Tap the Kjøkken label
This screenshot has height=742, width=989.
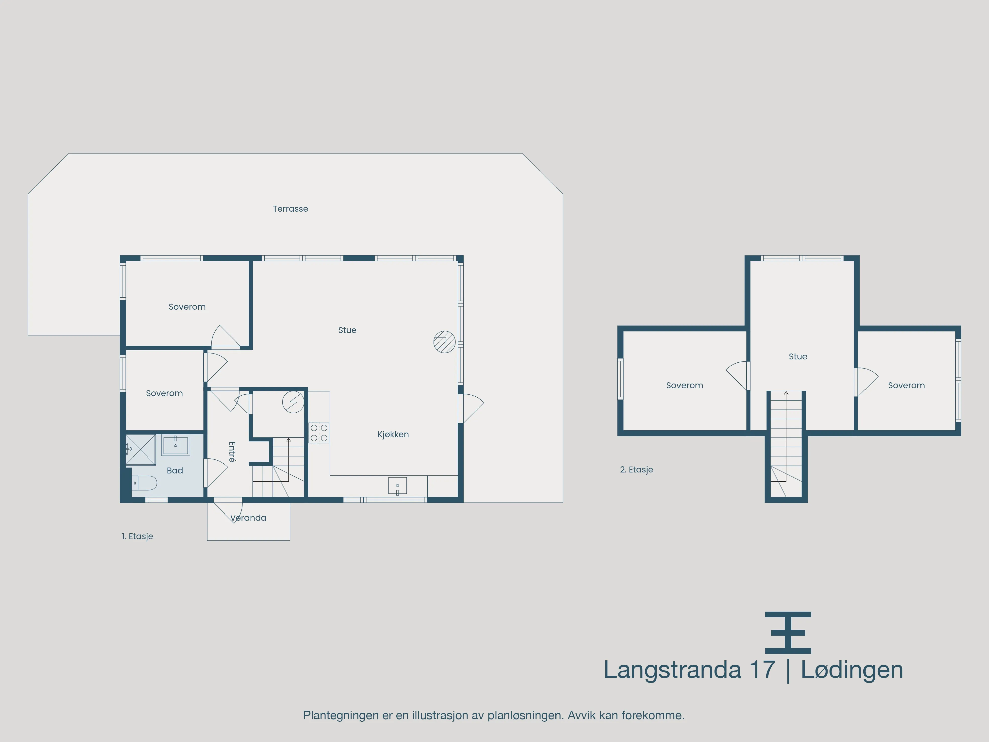393,434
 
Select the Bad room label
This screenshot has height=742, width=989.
175,471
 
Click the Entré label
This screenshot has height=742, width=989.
232,452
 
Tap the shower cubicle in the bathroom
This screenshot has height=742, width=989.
140,449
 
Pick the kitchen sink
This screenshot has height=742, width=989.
397,486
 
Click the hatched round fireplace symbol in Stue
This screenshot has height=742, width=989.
445,342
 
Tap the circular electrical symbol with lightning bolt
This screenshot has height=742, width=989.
293,402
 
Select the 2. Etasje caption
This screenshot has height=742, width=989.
636,470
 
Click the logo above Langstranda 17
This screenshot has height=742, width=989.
788,633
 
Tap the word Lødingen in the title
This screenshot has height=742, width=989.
852,670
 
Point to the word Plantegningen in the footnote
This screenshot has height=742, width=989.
341,716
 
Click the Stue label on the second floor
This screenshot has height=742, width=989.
798,357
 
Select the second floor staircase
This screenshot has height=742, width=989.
786,443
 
